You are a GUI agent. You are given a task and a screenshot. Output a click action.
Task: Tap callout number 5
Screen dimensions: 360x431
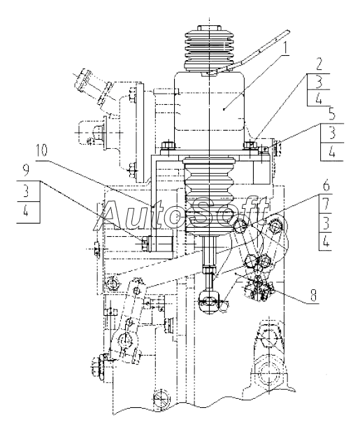(332, 115)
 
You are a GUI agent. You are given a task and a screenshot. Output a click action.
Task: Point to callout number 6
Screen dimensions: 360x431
(326, 186)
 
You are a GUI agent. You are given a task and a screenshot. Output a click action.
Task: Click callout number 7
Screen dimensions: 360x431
(326, 205)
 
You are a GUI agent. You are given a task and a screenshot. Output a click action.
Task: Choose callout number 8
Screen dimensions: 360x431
(313, 294)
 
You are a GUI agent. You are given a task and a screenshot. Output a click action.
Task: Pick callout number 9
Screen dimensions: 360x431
(26, 172)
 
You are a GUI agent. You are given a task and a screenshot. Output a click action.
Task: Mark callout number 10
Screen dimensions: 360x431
(41, 151)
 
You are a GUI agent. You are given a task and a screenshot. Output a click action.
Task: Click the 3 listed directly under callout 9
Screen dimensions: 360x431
(26, 191)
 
